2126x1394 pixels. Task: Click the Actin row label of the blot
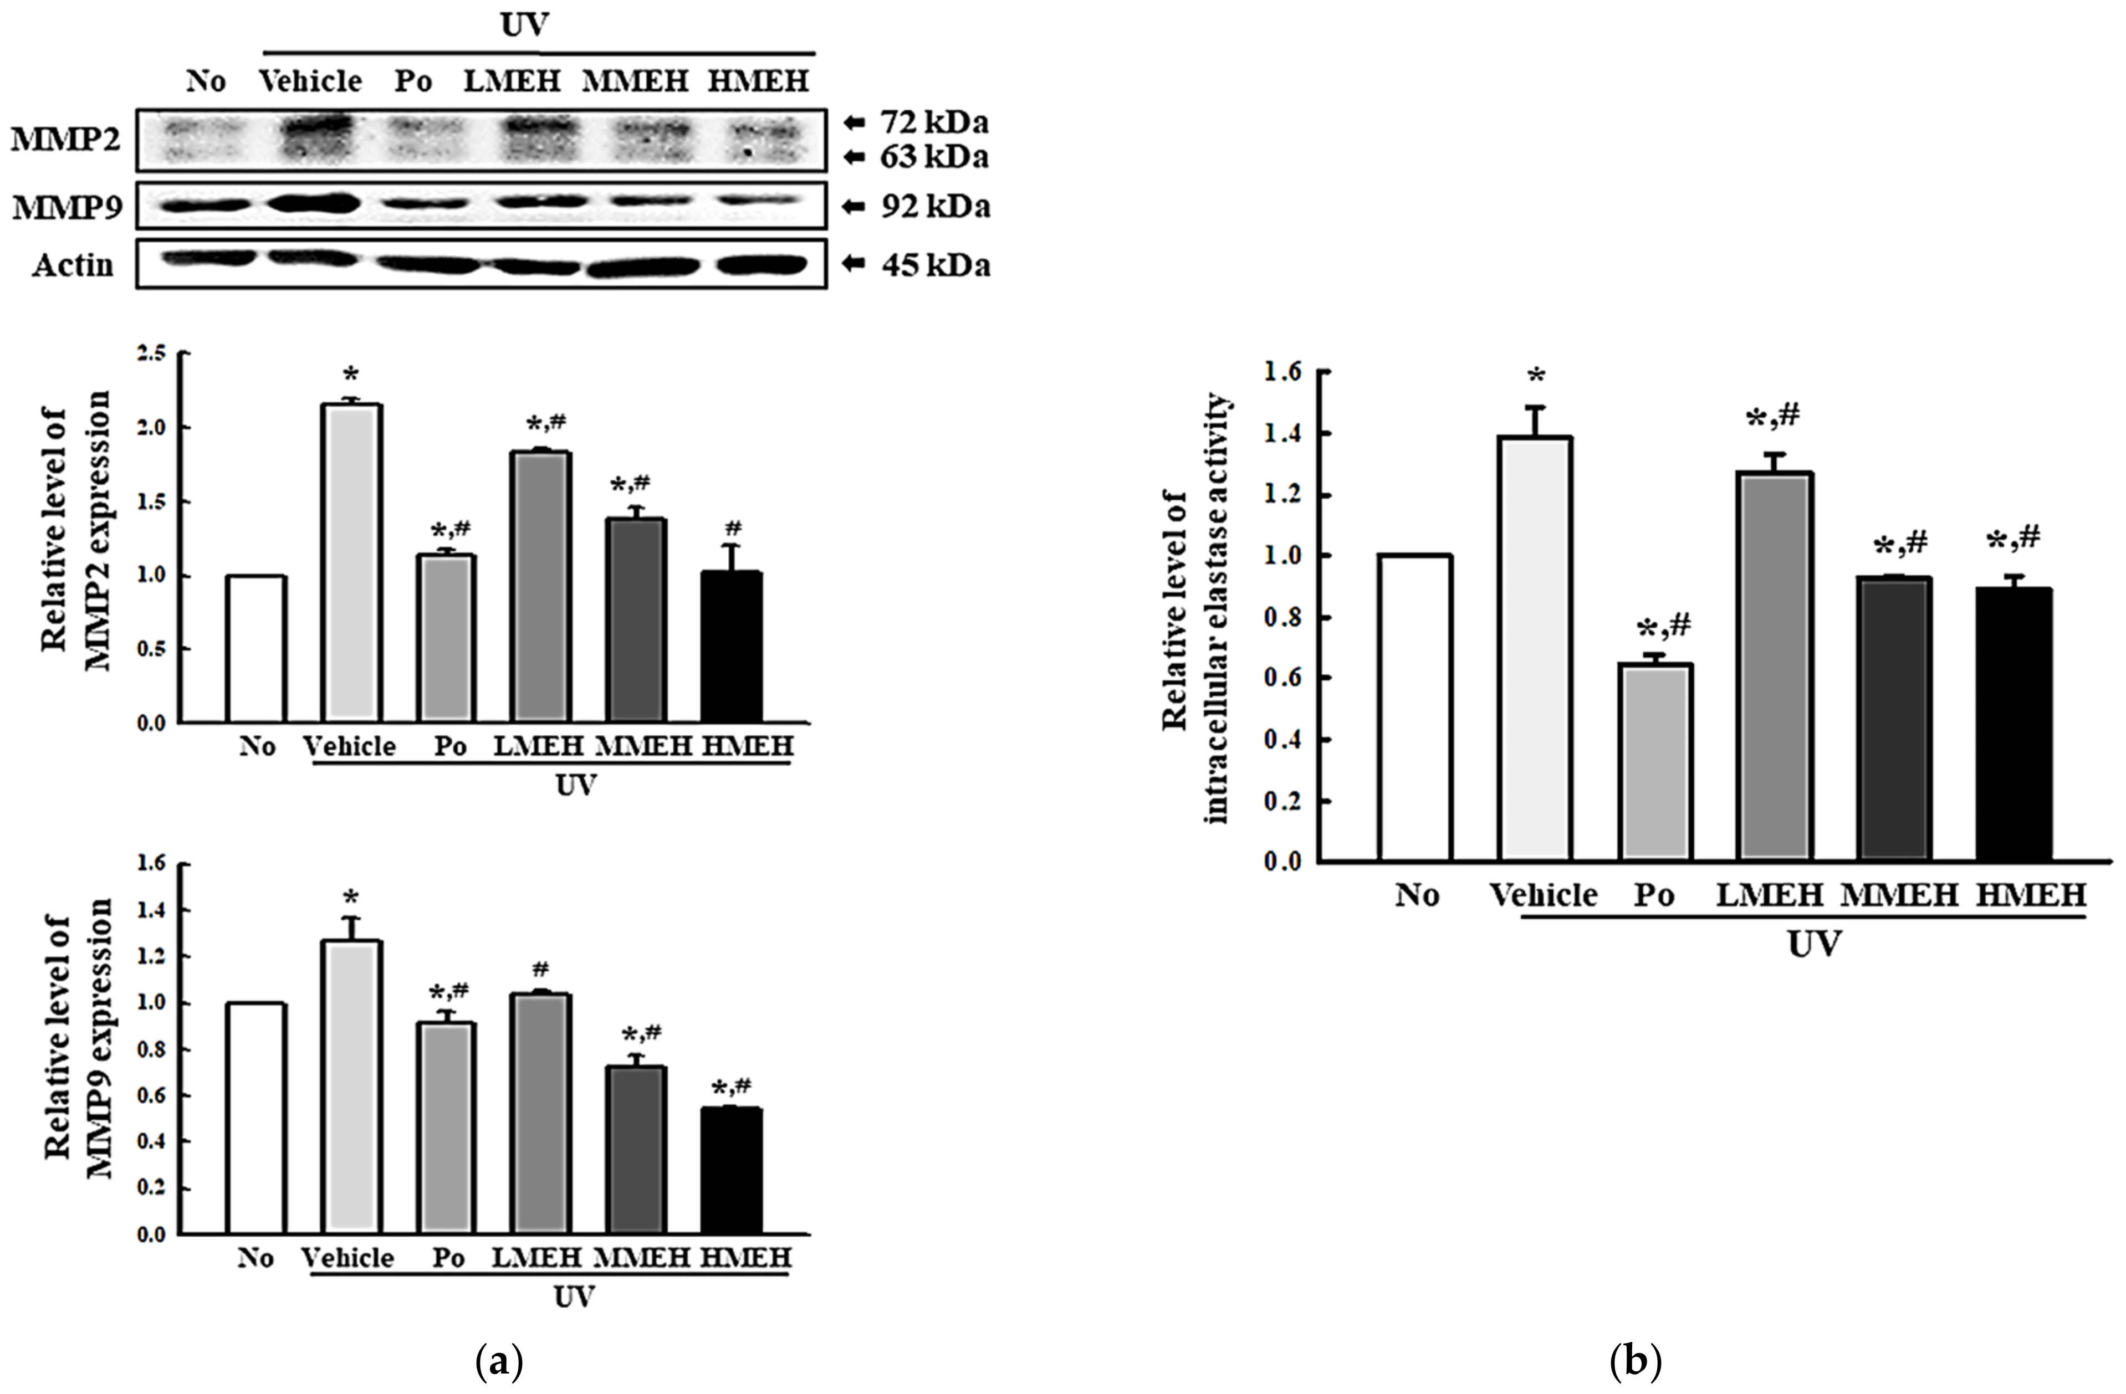(73, 265)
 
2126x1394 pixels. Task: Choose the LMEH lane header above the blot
(512, 82)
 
